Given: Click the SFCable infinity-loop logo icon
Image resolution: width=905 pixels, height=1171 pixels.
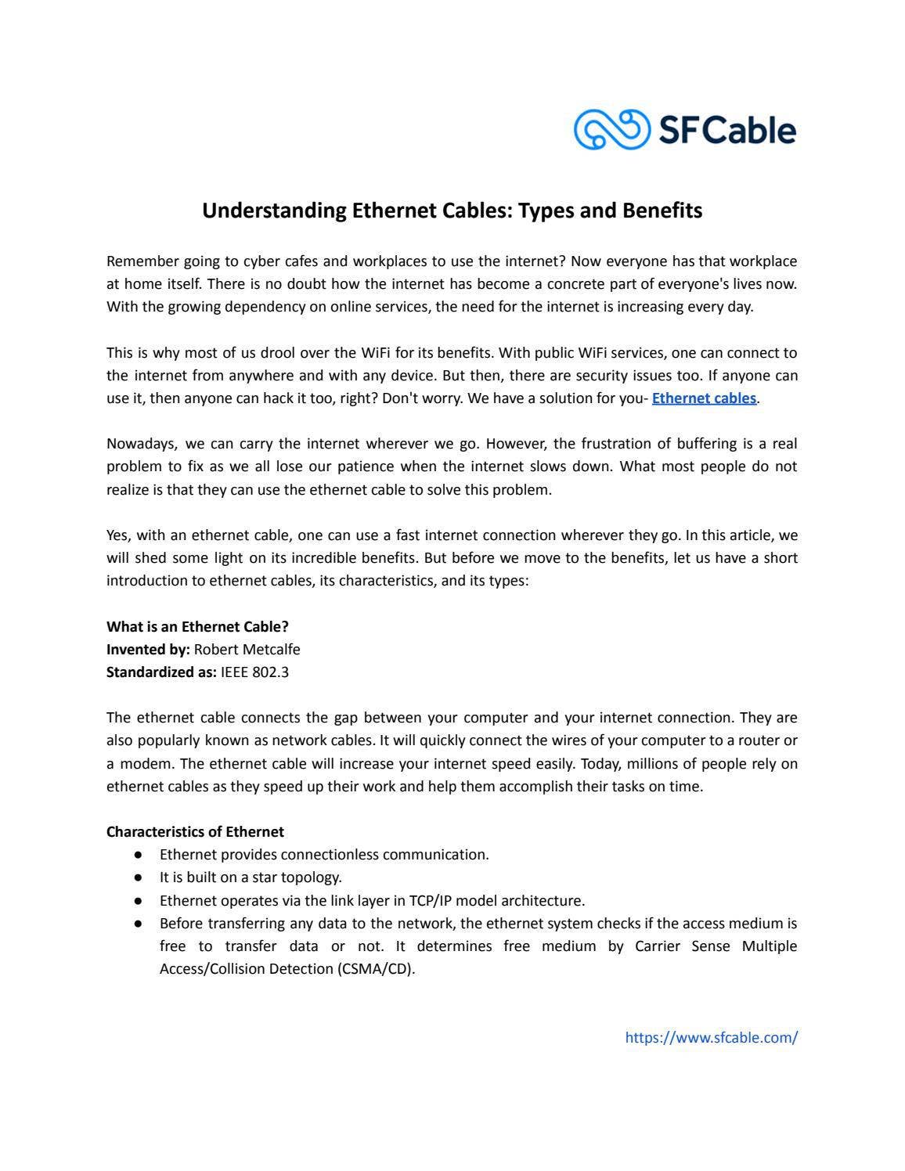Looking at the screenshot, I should click(611, 129).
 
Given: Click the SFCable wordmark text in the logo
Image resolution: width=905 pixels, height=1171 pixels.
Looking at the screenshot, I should click(727, 130).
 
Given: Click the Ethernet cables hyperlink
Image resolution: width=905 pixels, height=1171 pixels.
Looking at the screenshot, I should click(704, 398).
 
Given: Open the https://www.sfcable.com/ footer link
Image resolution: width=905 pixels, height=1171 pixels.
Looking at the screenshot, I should click(711, 1038).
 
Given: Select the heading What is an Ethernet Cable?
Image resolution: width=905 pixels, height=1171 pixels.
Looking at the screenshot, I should click(197, 627).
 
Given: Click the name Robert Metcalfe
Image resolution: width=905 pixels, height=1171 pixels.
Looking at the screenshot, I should click(247, 650).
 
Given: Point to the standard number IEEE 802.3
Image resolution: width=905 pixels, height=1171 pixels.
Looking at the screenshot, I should click(254, 672).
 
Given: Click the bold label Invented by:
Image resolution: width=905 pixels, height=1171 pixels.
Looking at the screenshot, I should click(148, 650).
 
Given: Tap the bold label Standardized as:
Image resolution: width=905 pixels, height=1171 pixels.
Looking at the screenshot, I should click(161, 672).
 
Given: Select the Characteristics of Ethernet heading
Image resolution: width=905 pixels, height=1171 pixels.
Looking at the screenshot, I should click(195, 832).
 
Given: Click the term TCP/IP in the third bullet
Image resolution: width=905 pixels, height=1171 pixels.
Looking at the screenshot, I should click(432, 901).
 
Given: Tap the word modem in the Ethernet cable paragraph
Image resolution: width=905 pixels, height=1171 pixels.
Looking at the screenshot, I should click(139, 764).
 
